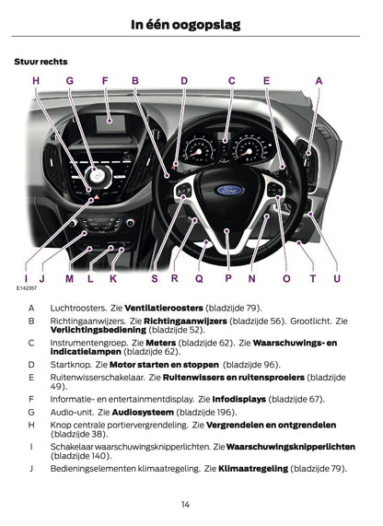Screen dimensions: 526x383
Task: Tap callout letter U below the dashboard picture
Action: [x=337, y=277]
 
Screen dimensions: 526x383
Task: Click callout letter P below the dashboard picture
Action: [x=227, y=277]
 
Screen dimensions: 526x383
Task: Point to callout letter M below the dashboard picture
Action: [x=70, y=277]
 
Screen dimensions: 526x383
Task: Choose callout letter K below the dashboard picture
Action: [x=113, y=277]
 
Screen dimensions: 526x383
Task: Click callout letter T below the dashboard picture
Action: [x=313, y=277]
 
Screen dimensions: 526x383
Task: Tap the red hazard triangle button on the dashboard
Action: [x=95, y=197]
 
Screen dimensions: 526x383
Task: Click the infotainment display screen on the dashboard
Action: [x=114, y=119]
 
